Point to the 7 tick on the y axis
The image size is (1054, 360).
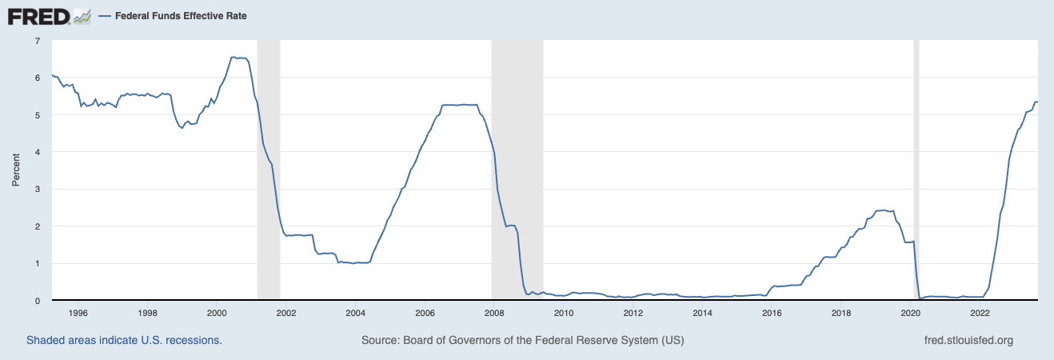tap(37, 40)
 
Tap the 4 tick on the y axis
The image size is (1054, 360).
tap(37, 152)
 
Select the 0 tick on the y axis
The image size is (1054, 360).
tap(37, 301)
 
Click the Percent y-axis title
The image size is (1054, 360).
tap(16, 170)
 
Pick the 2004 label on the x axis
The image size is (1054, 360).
tap(355, 313)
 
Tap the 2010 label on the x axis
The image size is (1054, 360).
tap(564, 313)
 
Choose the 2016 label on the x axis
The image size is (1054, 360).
tap(772, 313)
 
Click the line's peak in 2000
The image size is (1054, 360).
tap(234, 57)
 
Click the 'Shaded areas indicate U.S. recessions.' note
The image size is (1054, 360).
tap(124, 340)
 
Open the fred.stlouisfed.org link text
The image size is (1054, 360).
tap(968, 340)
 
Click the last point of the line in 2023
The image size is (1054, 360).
tap(1037, 102)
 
